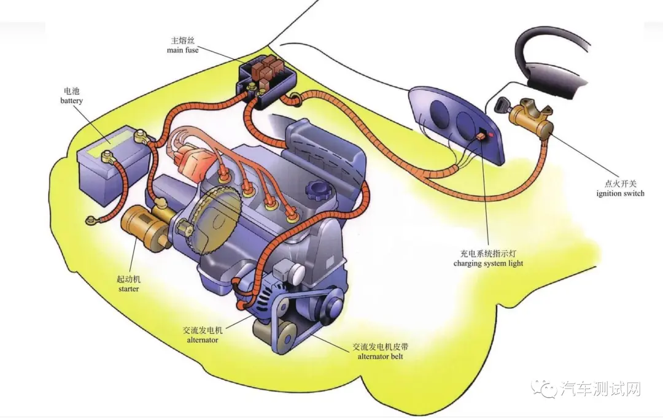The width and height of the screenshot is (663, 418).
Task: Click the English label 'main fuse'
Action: coord(183,50)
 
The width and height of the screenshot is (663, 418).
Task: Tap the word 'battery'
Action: coord(71,101)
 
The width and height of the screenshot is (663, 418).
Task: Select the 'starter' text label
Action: coord(128,289)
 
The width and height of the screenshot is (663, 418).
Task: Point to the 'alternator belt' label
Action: coord(380,356)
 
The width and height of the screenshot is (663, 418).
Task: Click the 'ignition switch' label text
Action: coord(620,193)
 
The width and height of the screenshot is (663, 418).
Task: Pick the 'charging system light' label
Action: coord(489,263)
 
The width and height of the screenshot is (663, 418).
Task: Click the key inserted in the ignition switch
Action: coord(503,104)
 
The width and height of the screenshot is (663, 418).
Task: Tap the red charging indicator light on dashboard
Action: coord(490,134)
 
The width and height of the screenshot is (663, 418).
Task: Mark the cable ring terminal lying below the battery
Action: coord(90,220)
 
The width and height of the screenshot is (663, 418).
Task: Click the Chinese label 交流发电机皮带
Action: coord(381,347)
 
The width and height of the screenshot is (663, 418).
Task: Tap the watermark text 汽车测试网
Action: coord(600,389)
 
